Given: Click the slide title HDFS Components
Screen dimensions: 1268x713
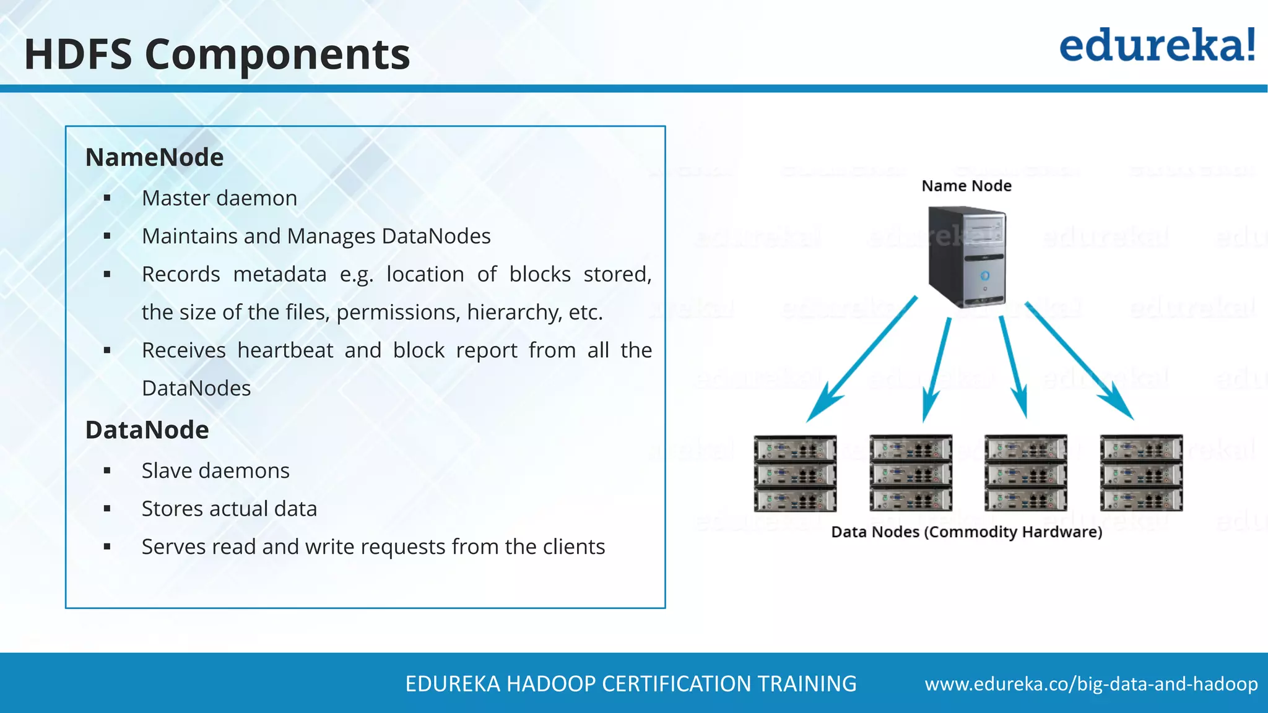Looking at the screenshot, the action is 217,54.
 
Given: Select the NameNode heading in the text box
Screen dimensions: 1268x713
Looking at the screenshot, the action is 154,157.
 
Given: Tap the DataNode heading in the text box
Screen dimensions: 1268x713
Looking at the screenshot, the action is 147,430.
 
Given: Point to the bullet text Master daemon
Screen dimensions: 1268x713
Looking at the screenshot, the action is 219,198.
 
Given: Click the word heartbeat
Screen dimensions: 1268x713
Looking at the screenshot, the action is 285,350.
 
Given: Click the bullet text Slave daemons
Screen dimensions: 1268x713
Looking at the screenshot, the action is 215,470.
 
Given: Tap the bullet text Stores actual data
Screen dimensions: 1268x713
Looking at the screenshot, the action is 229,509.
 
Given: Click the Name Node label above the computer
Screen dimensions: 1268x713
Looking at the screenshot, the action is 966,186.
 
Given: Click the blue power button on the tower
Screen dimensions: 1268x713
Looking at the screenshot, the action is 984,275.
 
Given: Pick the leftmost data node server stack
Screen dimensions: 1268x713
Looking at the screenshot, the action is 795,473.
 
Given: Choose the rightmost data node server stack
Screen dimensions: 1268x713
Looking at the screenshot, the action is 1141,473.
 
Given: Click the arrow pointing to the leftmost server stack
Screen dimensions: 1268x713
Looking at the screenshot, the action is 861,359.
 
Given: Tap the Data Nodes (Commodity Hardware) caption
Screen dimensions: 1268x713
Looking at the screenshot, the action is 966,532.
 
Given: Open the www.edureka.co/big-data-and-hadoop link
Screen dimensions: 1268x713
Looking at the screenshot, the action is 1091,684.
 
